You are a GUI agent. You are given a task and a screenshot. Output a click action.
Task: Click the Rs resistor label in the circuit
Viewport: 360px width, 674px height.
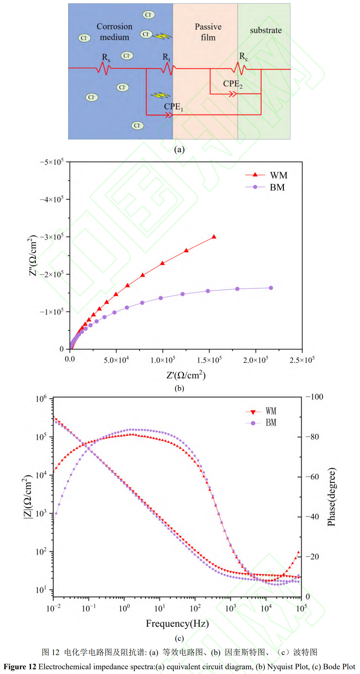point(106,58)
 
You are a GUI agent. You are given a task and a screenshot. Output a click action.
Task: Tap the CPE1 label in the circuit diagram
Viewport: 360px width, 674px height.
point(174,107)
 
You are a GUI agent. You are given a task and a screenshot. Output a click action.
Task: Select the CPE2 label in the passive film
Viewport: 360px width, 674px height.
point(233,84)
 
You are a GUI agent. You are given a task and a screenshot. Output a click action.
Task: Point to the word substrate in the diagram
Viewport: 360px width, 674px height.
point(266,30)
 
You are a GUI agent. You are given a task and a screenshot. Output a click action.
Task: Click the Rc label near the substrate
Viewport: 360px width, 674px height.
point(244,57)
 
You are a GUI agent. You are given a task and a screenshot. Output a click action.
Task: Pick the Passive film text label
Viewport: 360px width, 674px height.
point(208,32)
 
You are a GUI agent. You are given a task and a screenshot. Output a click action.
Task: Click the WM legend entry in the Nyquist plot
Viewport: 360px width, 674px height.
point(278,175)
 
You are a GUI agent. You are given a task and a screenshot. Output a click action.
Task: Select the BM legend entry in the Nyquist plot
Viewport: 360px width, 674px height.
point(277,187)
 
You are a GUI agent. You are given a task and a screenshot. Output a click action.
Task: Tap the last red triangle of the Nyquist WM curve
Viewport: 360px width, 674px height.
point(214,237)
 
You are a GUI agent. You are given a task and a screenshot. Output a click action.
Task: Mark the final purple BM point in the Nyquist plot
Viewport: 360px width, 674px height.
point(271,288)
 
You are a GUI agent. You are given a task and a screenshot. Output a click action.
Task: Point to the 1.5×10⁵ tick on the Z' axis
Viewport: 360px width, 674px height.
point(209,360)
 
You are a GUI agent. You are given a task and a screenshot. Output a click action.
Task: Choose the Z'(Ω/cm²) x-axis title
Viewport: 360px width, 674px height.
point(186,375)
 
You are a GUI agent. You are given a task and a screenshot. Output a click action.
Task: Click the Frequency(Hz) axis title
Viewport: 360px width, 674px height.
point(177,623)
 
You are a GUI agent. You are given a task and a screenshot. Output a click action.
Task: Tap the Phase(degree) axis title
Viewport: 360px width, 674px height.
point(332,497)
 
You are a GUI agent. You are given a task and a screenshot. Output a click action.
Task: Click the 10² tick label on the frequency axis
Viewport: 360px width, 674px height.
point(195,608)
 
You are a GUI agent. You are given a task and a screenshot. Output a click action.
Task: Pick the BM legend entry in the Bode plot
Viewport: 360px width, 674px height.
point(271,423)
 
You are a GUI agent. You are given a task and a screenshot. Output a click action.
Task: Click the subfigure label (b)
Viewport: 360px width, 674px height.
point(179,388)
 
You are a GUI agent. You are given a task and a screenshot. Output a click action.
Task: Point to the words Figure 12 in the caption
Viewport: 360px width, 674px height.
point(20,667)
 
